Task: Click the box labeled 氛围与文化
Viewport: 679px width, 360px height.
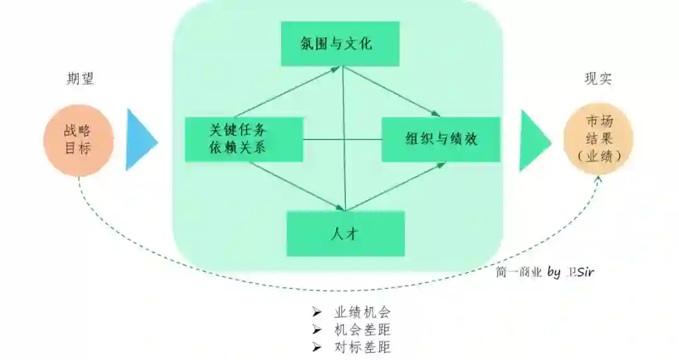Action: tap(339, 44)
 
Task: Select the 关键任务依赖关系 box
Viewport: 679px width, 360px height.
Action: tap(244, 139)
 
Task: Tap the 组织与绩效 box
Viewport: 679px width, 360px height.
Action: tap(441, 139)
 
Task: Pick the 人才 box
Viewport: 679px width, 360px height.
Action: tap(345, 234)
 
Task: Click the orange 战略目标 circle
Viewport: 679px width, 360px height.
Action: tap(78, 140)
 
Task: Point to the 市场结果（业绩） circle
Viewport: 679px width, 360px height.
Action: tap(599, 139)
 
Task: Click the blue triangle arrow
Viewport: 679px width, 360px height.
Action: tap(140, 139)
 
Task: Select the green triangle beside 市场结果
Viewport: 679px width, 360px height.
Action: tap(533, 140)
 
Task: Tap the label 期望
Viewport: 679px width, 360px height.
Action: tap(80, 79)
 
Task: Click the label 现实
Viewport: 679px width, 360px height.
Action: tap(599, 79)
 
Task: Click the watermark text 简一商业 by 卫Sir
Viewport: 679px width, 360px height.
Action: tap(544, 272)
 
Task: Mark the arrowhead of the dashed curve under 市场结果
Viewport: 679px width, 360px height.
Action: tap(598, 179)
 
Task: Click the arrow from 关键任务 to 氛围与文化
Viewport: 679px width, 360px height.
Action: tap(290, 92)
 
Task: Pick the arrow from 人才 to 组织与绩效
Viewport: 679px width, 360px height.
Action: tap(396, 186)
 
